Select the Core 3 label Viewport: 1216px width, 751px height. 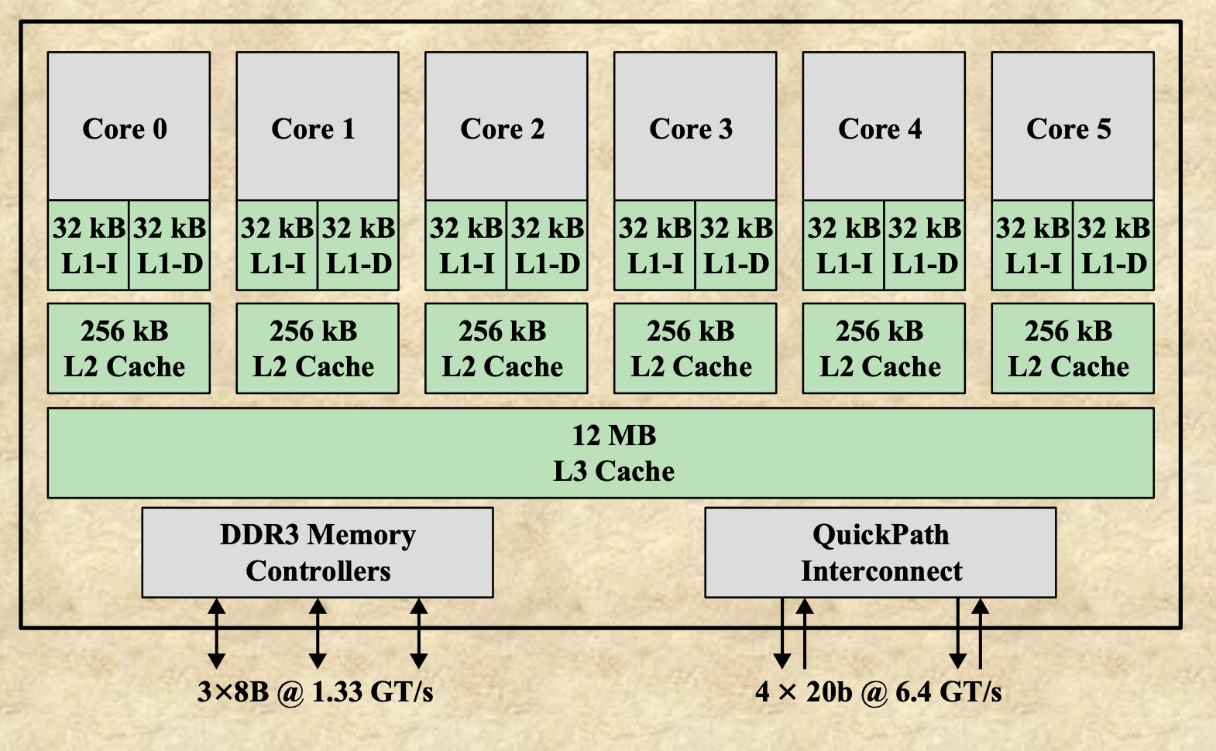691,129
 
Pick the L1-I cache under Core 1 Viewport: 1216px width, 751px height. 277,245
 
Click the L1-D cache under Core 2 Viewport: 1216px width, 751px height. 548,245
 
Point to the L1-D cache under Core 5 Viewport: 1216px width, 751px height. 1114,245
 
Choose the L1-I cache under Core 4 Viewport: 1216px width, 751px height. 843,245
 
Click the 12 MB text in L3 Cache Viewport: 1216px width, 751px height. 614,436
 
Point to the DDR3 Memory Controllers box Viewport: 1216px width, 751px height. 318,552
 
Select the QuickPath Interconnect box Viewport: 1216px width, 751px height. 881,552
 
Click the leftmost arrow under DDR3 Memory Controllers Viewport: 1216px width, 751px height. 217,633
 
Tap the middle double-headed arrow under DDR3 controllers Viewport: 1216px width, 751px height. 318,633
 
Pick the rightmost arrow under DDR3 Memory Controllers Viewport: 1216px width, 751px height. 419,633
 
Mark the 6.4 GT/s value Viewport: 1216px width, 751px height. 949,691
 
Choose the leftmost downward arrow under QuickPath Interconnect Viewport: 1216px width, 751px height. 782,633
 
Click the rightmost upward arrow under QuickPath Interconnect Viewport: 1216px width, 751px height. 981,633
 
